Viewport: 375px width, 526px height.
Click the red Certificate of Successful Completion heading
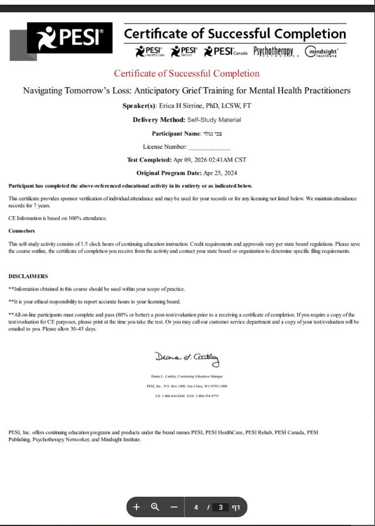[186, 74]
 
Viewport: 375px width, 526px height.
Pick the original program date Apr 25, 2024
[220, 173]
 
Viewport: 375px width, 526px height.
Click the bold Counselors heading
[21, 231]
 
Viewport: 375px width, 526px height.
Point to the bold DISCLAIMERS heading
[28, 276]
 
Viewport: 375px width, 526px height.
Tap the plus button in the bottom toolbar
[137, 507]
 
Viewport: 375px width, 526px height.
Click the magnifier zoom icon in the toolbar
[155, 507]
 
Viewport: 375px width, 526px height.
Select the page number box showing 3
[220, 507]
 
